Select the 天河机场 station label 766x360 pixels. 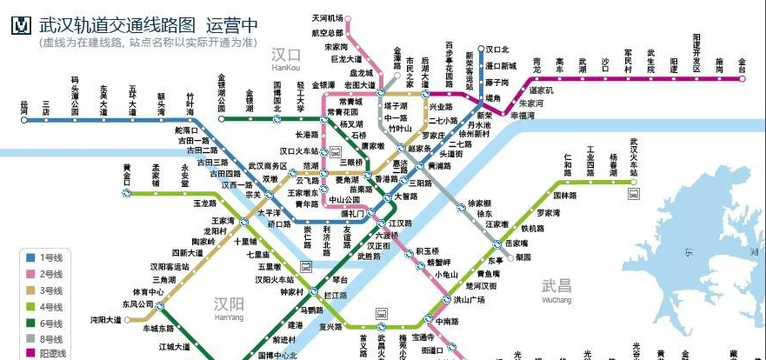(328, 18)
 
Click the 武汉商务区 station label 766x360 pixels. (268, 165)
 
